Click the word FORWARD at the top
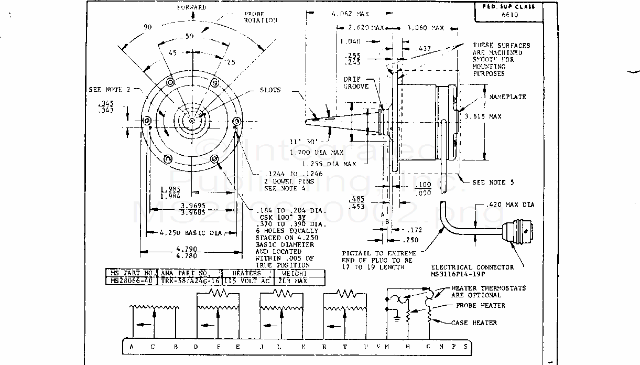(x=191, y=7)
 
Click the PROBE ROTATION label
(x=260, y=17)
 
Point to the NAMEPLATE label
(x=507, y=97)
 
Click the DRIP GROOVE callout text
(x=356, y=83)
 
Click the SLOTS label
(x=270, y=90)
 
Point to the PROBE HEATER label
(x=480, y=305)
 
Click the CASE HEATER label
(x=474, y=323)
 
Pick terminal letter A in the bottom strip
(x=131, y=347)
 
